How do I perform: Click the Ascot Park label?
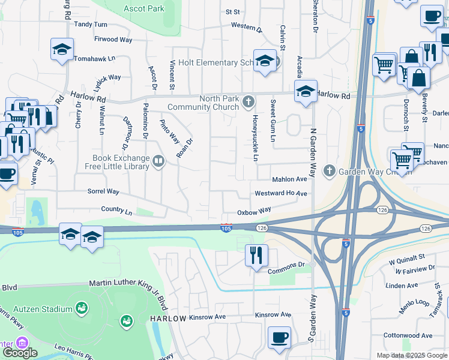pos(144,9)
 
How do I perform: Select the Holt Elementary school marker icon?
pos(264,61)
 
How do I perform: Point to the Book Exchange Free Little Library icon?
pos(158,160)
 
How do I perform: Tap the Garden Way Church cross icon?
pos(328,171)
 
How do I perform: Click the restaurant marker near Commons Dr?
pos(256,255)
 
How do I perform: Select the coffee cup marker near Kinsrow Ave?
pos(279,337)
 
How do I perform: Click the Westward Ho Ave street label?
pos(280,194)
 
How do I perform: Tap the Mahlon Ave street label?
pos(289,179)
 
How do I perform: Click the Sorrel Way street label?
pos(103,191)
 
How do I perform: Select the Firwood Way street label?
pos(113,40)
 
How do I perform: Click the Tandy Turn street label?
pos(90,25)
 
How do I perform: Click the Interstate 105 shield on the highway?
pos(226,228)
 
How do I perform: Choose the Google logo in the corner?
pos(20,353)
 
